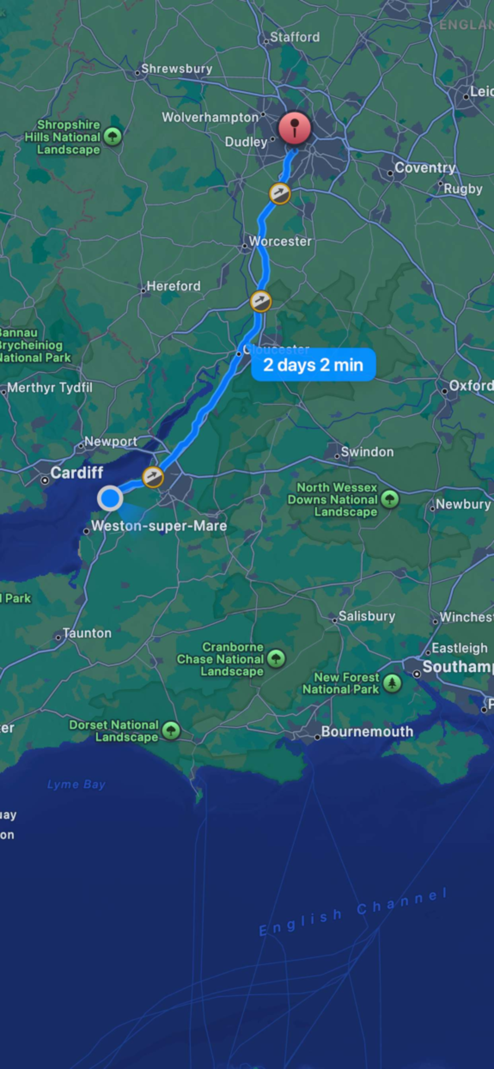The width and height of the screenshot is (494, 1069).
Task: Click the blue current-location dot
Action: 110,498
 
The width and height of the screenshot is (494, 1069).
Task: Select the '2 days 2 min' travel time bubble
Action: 313,365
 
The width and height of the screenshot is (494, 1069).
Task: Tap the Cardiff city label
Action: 77,472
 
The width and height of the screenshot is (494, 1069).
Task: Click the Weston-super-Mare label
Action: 159,526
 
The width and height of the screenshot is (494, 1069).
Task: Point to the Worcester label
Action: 280,241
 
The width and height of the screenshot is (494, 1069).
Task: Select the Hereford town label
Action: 173,286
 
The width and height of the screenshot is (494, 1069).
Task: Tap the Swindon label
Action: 367,451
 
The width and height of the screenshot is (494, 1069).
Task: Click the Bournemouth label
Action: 367,732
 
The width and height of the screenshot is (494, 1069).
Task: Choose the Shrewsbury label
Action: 177,68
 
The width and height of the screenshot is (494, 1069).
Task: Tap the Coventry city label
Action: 425,168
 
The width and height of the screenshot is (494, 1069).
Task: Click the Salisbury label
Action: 367,616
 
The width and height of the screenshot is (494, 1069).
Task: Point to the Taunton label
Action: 87,633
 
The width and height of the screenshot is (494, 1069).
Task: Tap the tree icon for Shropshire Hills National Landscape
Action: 112,136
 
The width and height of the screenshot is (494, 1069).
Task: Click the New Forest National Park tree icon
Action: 391,683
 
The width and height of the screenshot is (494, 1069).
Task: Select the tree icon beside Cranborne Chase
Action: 276,658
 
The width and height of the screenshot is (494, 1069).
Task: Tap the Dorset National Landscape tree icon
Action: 171,731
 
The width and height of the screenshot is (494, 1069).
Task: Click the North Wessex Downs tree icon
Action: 389,499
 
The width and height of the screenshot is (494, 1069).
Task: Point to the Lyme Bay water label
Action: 76,784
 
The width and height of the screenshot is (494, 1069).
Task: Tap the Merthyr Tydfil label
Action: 50,387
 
